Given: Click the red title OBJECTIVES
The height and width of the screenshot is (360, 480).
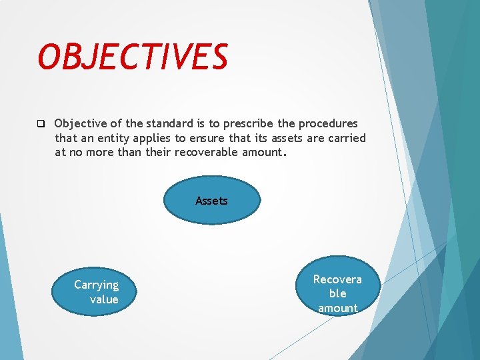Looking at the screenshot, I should pos(133,57).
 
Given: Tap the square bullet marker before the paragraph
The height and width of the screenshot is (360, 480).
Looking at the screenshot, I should pos(40,124).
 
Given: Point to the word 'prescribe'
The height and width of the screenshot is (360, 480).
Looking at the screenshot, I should pos(245,124).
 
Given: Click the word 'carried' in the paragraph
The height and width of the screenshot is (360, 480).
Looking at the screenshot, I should pos(346,139).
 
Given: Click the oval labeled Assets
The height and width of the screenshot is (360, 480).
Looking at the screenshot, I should pos(211,200).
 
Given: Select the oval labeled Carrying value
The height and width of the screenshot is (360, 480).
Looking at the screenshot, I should pos(95,292).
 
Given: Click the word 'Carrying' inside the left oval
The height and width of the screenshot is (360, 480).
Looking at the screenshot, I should pos(96,285).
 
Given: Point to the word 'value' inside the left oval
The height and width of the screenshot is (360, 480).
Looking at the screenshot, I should pos(104,300).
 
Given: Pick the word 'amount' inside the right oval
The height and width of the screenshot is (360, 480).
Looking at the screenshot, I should pos(338,308).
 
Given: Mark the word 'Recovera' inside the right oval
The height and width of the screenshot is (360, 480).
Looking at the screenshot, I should pos(337,279).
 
